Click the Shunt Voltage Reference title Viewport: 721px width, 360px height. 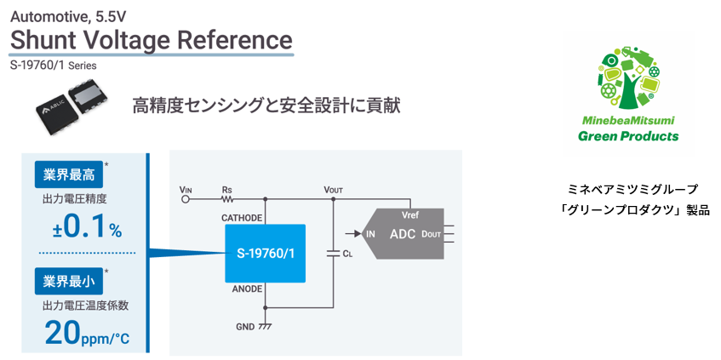pos(151,40)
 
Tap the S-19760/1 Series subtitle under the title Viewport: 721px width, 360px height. pos(53,65)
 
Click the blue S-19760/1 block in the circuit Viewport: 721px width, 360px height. pos(265,253)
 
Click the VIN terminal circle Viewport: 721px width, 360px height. pos(186,201)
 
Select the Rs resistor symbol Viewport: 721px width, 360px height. pos(227,201)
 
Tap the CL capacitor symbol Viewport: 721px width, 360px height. pos(333,253)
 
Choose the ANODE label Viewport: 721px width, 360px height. pos(248,289)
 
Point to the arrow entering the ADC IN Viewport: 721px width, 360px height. pos(350,232)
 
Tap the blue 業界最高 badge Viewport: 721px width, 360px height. pos(68,174)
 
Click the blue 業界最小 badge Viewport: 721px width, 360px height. pos(68,280)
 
